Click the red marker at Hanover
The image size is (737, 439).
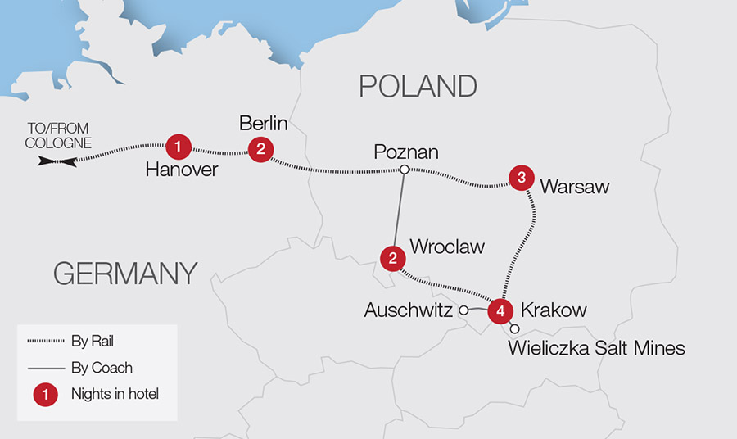click(x=178, y=147)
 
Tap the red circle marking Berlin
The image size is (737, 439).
click(x=260, y=148)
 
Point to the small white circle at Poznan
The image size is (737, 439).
click(x=404, y=170)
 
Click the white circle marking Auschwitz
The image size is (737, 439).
click(x=463, y=310)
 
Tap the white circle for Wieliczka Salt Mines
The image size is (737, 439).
click(x=514, y=329)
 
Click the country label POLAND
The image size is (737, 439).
click(x=417, y=86)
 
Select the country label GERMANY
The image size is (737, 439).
click(x=125, y=273)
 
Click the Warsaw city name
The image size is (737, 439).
click(x=574, y=187)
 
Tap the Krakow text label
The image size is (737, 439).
click(x=554, y=310)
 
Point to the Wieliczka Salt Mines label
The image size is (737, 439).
click(x=596, y=349)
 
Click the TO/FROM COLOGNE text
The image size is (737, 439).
click(x=58, y=136)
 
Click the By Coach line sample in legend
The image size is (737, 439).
click(x=44, y=368)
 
